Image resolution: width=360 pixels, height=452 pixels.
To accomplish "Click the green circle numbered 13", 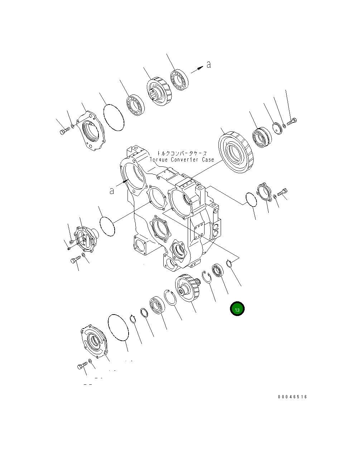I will (237, 309).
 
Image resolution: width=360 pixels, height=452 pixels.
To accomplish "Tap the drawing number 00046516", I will (292, 397).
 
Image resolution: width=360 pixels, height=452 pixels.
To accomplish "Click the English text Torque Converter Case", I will (182, 160).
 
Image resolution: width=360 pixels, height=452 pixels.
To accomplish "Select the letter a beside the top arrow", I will (208, 64).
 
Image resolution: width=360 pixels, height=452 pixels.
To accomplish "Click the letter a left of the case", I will (112, 191).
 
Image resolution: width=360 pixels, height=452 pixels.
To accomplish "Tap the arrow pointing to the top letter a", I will (197, 70).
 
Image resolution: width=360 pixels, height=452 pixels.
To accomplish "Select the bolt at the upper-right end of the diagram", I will (292, 122).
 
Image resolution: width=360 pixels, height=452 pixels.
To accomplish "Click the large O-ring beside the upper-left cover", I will (114, 117).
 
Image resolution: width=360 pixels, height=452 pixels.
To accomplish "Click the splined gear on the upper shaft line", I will (159, 91).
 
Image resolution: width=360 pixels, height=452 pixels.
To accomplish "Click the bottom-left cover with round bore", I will (93, 341).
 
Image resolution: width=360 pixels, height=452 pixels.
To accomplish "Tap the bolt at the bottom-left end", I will (82, 366).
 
